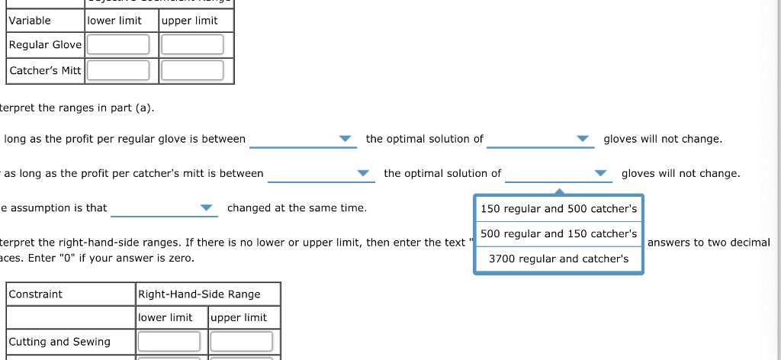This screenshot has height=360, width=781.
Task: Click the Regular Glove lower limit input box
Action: coord(118,45)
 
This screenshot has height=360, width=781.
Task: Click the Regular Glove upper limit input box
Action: coord(192,45)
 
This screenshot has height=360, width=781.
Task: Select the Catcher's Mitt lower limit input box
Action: coord(118,71)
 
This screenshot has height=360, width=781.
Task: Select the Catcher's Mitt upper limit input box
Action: coord(192,71)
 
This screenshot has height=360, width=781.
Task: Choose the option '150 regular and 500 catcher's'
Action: coord(558,209)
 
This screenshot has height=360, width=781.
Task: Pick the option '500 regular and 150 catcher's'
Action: coord(558,234)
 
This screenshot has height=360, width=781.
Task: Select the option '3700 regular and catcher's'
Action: coord(558,259)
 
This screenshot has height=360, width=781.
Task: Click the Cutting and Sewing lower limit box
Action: coord(169,342)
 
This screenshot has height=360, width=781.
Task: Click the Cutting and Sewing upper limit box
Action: coord(241,342)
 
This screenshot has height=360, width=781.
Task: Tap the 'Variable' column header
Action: coord(31,21)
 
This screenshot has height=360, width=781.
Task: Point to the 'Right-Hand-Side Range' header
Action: coord(199,294)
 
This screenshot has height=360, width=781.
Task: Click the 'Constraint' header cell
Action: coord(36,294)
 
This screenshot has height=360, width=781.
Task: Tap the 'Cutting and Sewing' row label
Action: coord(59,342)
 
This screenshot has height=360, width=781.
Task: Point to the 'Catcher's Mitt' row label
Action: coord(45,71)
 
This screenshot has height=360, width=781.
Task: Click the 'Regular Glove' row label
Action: coord(45,45)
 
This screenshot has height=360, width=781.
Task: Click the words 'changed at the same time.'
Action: coord(297,208)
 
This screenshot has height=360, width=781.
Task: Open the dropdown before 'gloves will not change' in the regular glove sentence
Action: coord(539,139)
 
